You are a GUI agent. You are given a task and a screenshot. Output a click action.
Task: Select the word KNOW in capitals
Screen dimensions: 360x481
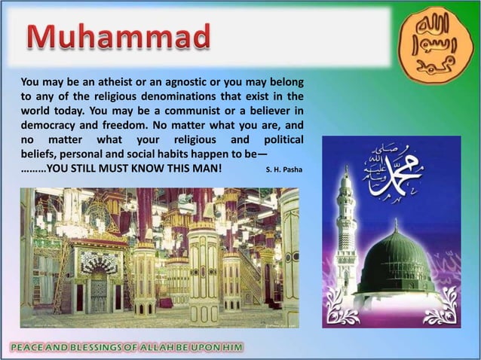(143, 168)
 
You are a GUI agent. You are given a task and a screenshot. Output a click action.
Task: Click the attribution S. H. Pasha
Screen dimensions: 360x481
(284, 169)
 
